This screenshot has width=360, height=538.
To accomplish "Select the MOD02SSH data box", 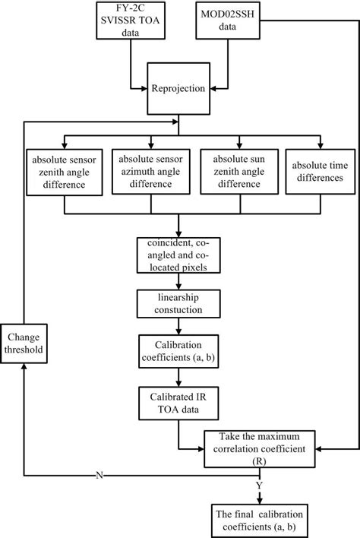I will [230, 19].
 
